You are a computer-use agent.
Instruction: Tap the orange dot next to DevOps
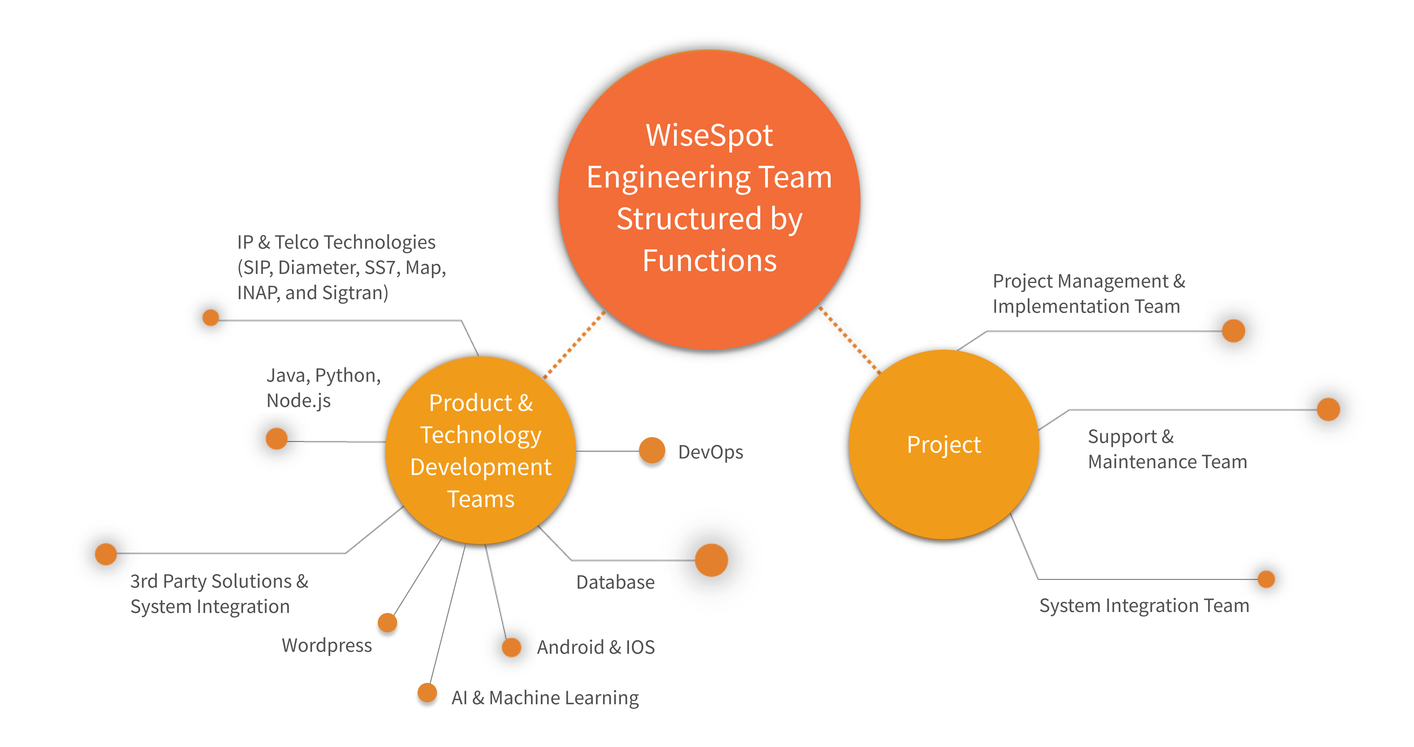(x=652, y=451)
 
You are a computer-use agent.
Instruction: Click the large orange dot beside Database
(x=712, y=560)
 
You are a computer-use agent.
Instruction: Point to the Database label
(x=615, y=582)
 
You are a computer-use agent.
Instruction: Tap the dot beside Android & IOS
(x=511, y=647)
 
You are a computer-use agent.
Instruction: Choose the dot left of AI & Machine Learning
(x=427, y=693)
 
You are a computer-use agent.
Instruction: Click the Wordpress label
(x=327, y=645)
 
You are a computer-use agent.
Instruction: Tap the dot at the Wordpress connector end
(x=387, y=622)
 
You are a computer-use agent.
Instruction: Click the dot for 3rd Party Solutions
(x=106, y=554)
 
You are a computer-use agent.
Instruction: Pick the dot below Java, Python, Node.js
(x=277, y=438)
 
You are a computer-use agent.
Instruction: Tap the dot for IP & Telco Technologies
(x=211, y=317)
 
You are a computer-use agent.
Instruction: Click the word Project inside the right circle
(x=944, y=445)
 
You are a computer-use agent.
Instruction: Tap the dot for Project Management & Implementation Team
(x=1233, y=330)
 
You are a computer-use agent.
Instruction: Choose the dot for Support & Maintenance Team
(x=1328, y=409)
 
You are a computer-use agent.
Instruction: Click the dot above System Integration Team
(x=1266, y=579)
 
